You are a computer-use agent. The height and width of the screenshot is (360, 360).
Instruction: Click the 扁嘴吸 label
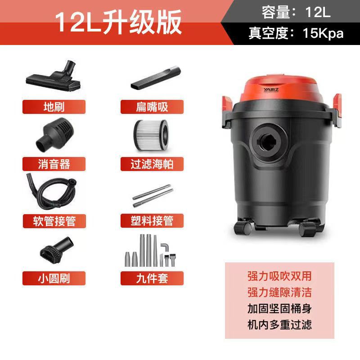tap(152, 107)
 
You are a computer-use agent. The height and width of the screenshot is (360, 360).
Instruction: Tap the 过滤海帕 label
tap(152, 163)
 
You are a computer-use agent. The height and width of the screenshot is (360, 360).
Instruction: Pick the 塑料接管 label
tap(152, 220)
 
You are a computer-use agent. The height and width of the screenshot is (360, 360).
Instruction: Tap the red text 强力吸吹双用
tap(279, 276)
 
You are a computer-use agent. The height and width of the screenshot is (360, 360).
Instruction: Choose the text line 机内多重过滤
tap(279, 324)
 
